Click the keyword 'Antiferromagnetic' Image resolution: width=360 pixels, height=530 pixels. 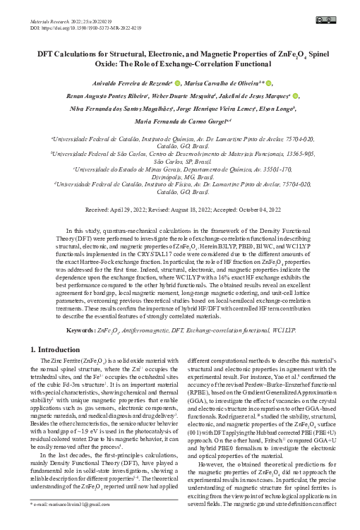pos(157,330)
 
